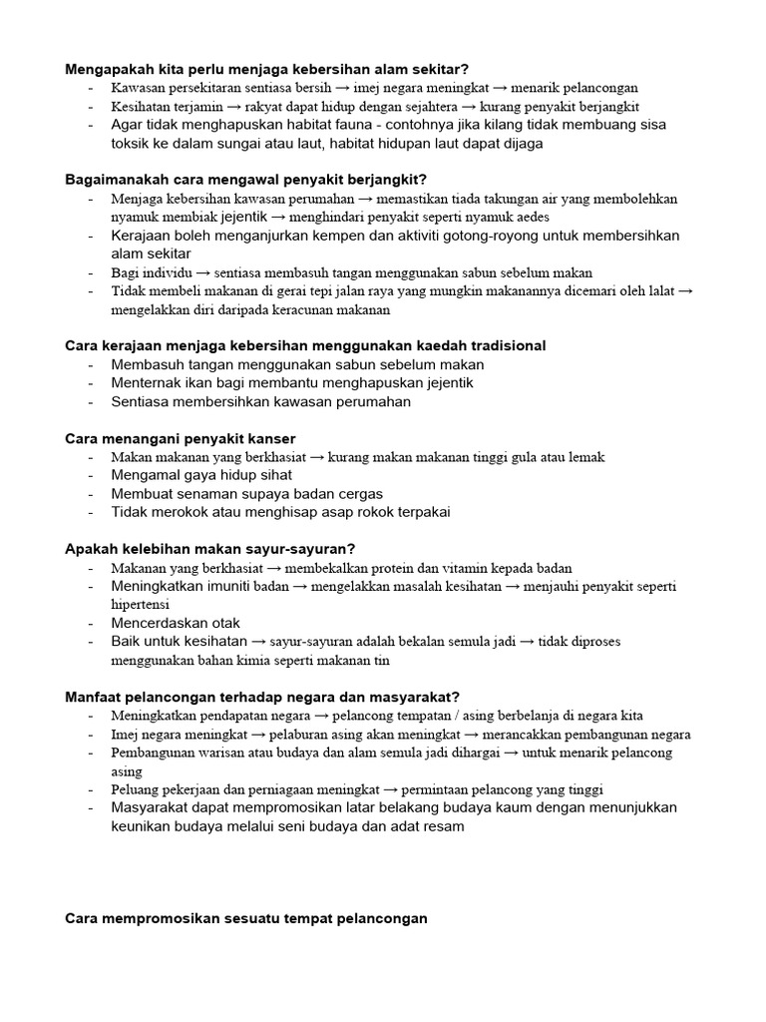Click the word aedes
coord(530,217)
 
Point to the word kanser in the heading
coord(272,438)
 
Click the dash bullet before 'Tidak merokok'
coord(92,512)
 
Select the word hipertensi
coord(140,605)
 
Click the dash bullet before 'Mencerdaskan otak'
coord(92,623)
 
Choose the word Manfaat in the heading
coord(94,696)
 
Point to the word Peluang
coord(136,789)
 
